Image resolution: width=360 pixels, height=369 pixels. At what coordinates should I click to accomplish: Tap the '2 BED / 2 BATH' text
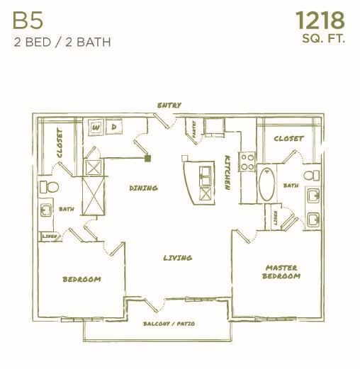(62, 41)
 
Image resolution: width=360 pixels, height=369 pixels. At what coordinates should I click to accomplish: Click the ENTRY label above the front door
(169, 106)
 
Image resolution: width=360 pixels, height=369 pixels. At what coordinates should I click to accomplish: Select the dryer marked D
(114, 127)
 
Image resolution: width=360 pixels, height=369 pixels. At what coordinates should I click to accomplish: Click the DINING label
(143, 188)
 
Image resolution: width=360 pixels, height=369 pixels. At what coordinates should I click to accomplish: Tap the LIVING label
(177, 258)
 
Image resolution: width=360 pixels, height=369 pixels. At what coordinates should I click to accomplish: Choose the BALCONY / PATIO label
(169, 324)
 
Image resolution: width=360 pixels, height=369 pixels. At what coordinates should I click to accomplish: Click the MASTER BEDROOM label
(281, 271)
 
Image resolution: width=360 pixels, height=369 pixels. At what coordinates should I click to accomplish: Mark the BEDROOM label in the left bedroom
(82, 279)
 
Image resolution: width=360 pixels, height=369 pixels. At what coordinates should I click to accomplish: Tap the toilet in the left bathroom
(48, 187)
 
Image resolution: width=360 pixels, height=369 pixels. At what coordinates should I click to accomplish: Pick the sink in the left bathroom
(46, 210)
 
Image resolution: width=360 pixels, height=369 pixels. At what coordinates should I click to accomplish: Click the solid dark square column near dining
(148, 159)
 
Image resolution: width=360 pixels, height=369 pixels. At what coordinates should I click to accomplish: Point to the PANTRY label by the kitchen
(191, 130)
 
